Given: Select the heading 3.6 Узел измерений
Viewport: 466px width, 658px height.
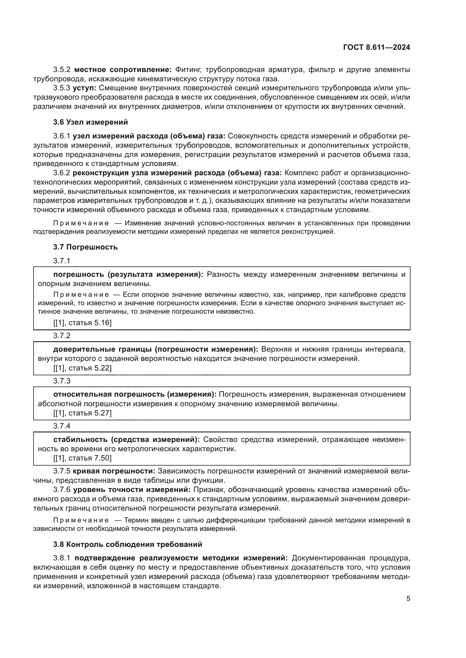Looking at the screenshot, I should coord(90,122).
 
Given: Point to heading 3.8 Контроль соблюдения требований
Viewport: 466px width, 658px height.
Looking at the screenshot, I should coord(128,544).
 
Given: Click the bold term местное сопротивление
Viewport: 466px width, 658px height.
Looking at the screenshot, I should coord(123,70).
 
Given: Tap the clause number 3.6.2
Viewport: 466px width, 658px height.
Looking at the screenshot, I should coord(61,173).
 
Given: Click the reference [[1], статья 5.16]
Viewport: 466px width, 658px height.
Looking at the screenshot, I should coord(82,323).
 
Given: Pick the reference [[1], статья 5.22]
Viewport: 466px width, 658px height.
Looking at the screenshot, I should coord(82,368).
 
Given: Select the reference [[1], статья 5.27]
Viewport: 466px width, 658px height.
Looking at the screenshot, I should coord(82,413).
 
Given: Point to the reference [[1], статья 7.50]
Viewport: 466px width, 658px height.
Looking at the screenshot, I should coord(82,458).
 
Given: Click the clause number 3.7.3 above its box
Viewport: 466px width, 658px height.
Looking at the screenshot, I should coord(61,381).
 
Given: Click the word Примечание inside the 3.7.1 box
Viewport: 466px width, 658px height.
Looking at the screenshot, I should coord(81,295).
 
